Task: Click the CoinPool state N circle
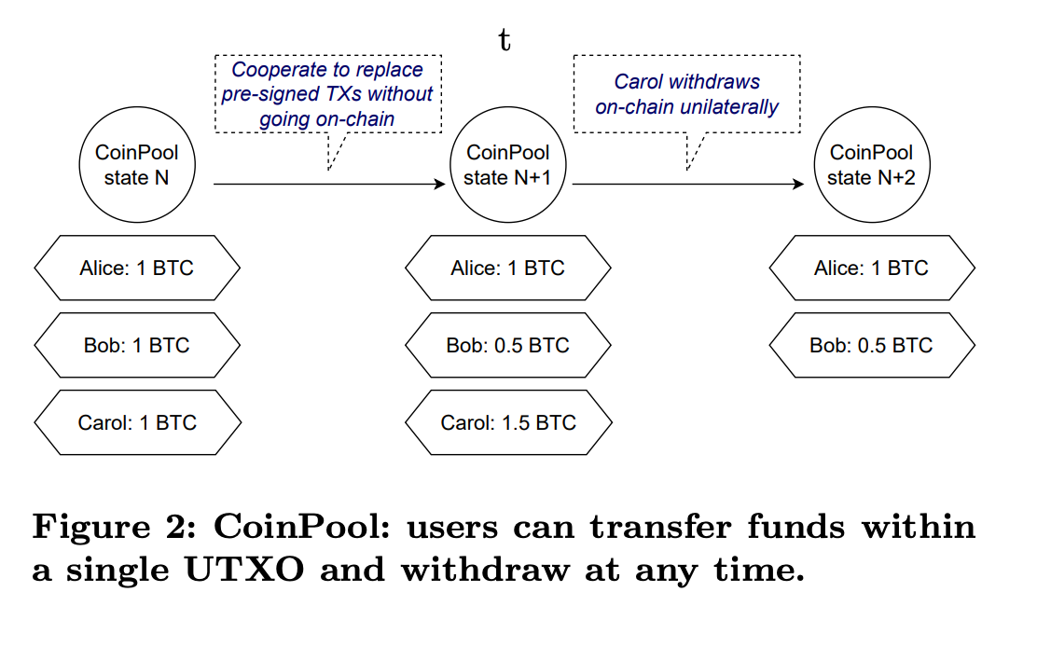coord(137,165)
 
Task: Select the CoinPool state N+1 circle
coord(507,165)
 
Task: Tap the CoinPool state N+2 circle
coord(871,165)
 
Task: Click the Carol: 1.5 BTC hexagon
coord(508,422)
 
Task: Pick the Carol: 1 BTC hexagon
coord(137,422)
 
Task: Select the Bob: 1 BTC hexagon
coord(137,345)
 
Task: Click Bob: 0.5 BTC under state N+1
coord(508,345)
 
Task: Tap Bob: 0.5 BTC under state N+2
coord(872,345)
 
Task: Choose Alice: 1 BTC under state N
coord(137,268)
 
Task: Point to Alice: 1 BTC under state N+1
coord(508,268)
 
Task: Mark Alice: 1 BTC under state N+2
coord(872,268)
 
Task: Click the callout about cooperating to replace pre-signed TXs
coord(327,94)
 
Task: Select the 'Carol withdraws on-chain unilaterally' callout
coord(687,94)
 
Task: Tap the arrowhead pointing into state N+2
coord(798,185)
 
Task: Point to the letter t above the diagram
coord(505,41)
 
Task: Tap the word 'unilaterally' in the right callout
coord(730,106)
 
